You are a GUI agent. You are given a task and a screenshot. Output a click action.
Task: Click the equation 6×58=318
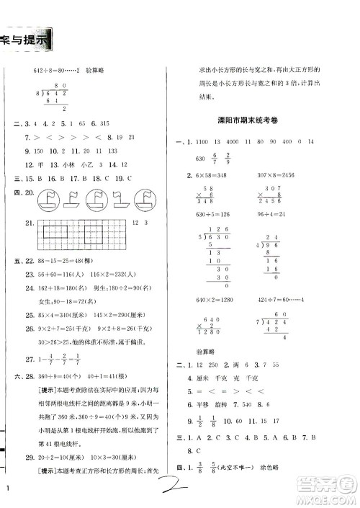tap(216, 176)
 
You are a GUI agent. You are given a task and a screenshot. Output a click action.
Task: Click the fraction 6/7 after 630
tap(212, 159)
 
